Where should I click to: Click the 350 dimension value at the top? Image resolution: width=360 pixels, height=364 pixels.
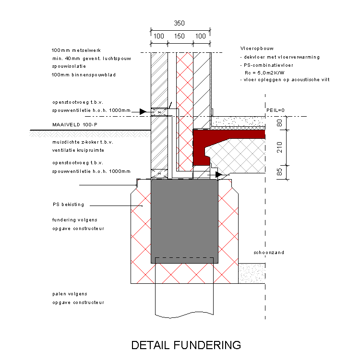179,23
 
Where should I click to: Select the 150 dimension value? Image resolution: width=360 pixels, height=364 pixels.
180,36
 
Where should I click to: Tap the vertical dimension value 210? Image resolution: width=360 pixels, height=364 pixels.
280,147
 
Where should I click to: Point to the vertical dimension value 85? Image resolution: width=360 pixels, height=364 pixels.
280,172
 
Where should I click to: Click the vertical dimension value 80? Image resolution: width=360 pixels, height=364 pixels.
280,123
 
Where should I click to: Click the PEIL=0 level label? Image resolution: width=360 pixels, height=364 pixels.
276,110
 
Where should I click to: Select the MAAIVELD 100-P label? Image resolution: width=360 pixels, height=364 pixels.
75,125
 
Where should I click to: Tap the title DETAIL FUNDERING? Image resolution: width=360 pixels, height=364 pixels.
186,345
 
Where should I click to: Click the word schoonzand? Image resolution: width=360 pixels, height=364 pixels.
269,252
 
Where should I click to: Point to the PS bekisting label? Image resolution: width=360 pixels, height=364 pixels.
68,205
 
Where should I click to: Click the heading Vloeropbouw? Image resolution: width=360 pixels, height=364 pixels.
257,49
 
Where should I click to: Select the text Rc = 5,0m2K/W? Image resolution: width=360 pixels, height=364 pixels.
264,73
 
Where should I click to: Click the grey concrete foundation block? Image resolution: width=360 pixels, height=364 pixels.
184,221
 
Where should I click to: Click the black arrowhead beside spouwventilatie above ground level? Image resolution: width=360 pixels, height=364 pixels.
143,112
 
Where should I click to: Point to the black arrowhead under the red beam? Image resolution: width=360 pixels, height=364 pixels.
218,175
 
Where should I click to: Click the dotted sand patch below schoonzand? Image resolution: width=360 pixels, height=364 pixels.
252,273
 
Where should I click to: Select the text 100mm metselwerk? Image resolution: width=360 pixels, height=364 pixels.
76,50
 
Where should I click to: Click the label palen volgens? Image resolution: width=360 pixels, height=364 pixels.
70,294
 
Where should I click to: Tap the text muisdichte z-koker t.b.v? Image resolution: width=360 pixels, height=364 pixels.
83,142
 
